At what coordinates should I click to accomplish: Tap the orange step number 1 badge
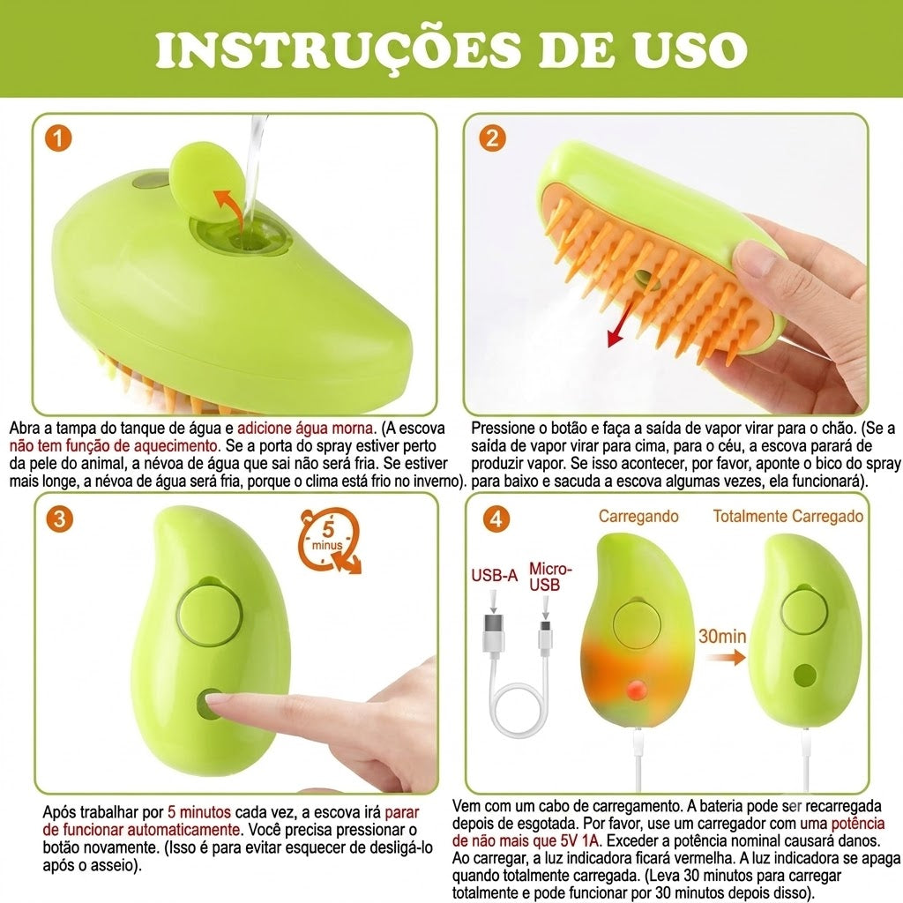point(58,138)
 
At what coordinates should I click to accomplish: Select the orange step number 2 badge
point(492,138)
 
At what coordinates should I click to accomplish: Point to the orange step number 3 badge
point(59,519)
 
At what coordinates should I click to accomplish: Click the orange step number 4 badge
point(496,519)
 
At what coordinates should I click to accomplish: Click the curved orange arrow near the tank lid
point(226,206)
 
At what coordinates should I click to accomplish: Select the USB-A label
point(494,575)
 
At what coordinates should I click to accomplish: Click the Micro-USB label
point(550,577)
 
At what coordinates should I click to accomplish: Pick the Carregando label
point(638,516)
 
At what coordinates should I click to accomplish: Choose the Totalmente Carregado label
point(787,516)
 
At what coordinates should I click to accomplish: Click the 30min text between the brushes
point(722,637)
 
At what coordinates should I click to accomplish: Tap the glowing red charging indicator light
point(636,689)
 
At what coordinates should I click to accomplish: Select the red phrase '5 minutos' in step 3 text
point(199,812)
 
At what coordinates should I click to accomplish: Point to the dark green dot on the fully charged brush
point(804,675)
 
